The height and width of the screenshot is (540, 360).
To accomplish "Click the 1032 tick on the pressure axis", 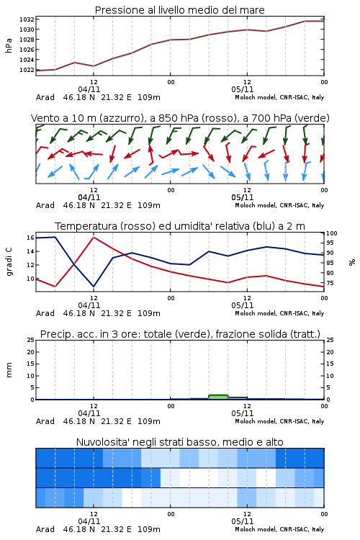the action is pyautogui.click(x=27, y=19).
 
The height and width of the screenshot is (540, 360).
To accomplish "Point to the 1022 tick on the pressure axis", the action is pyautogui.click(x=27, y=70).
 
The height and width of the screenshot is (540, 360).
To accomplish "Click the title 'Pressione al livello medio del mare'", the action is pyautogui.click(x=180, y=10).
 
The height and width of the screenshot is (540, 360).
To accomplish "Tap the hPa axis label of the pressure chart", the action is pyautogui.click(x=9, y=45).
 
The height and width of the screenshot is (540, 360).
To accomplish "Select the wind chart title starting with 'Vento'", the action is pyautogui.click(x=180, y=118).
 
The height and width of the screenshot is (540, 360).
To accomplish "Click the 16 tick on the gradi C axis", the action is pyautogui.click(x=30, y=238).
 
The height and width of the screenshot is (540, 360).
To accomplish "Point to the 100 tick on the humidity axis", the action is pyautogui.click(x=332, y=233).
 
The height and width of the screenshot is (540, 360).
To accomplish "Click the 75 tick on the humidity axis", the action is pyautogui.click(x=330, y=283).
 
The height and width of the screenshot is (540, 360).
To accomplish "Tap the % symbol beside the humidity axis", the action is pyautogui.click(x=352, y=262).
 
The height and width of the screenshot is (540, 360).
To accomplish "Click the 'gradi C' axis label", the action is pyautogui.click(x=9, y=261).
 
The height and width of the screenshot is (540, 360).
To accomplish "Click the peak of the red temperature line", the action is pyautogui.click(x=94, y=237).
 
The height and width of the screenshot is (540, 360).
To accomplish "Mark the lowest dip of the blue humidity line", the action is pyautogui.click(x=94, y=286).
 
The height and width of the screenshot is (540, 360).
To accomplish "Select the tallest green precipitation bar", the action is pyautogui.click(x=218, y=397).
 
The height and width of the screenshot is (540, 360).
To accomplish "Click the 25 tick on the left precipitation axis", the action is pyautogui.click(x=31, y=340).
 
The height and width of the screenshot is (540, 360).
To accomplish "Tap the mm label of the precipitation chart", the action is pyautogui.click(x=9, y=369).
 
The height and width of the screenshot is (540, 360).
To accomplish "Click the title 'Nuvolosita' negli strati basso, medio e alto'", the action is pyautogui.click(x=180, y=442).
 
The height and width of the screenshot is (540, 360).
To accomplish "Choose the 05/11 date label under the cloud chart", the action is pyautogui.click(x=242, y=521).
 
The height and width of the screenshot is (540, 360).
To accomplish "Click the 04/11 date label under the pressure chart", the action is pyautogui.click(x=89, y=89).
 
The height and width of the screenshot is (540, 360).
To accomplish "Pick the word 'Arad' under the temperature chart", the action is pyautogui.click(x=45, y=313).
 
